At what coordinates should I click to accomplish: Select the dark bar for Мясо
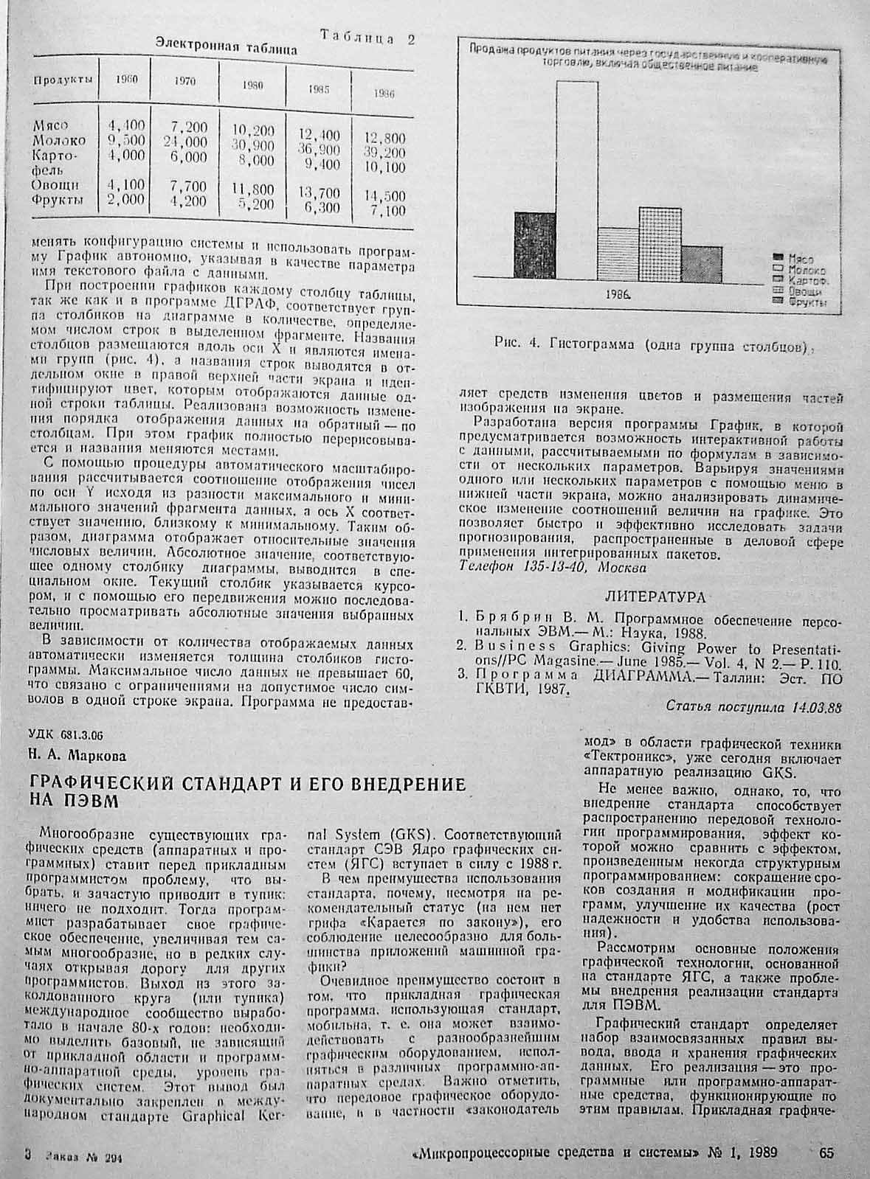click(535, 244)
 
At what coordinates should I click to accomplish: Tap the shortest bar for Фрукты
click(702, 261)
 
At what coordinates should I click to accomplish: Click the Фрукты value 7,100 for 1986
click(387, 211)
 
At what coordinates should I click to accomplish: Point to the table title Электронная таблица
click(226, 49)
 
